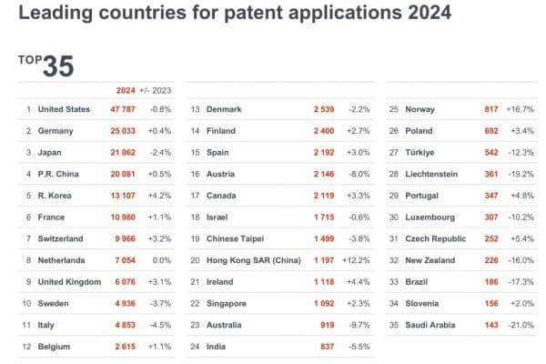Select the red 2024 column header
pyautogui.click(x=126, y=89)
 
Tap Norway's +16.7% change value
pyautogui.click(x=521, y=109)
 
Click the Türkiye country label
pyautogui.click(x=417, y=152)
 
